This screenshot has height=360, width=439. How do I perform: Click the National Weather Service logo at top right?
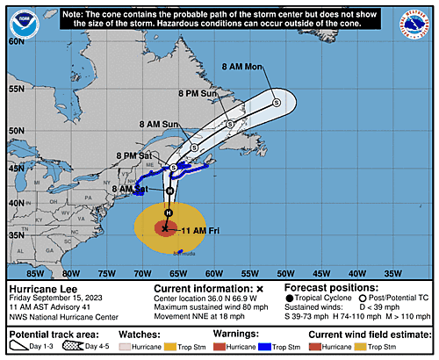418,18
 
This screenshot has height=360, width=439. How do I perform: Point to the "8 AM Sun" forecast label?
161,125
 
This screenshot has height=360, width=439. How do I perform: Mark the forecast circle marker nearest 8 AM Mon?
277,102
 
